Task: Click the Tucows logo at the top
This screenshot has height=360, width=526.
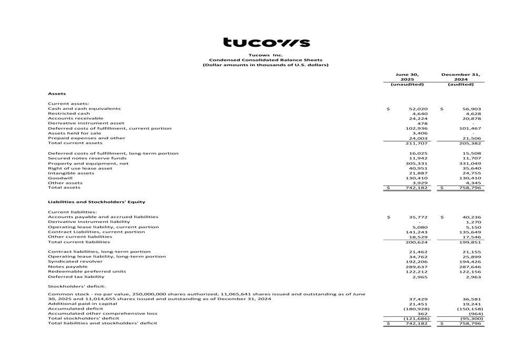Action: point(266,43)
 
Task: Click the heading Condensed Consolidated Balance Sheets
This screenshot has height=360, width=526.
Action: point(266,60)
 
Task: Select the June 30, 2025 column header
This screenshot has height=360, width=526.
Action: point(407,77)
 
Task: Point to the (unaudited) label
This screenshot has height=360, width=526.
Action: point(407,84)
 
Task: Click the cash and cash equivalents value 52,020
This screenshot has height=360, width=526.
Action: point(418,109)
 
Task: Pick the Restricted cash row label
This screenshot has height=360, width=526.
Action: point(69,114)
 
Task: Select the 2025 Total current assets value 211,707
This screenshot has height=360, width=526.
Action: point(417,143)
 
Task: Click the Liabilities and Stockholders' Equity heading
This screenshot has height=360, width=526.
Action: point(97,202)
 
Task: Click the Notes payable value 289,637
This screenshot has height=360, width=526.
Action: point(417,266)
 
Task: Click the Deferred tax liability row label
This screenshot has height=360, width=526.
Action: point(76,276)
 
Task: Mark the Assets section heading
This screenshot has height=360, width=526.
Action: point(57,94)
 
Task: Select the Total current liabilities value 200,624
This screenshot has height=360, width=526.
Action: point(417,242)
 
